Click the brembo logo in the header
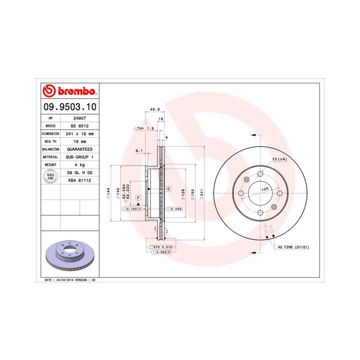(68, 92)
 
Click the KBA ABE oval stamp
(50, 177)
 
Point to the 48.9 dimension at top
(153, 109)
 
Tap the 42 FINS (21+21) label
(294, 247)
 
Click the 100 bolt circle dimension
(265, 190)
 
